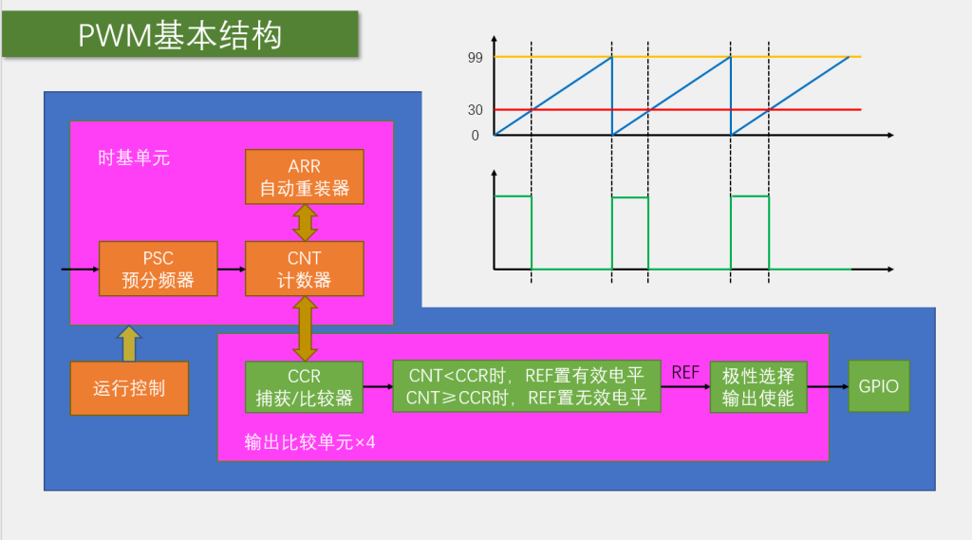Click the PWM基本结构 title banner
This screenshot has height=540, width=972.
[x=180, y=34]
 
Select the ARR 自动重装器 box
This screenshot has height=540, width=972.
[x=305, y=177]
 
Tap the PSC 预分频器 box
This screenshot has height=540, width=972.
[x=159, y=269]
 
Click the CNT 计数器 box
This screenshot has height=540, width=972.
[x=305, y=269]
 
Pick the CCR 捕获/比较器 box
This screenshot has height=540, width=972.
[x=305, y=387]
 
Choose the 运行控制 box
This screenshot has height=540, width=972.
[x=129, y=388]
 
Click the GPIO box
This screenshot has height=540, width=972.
[x=879, y=386]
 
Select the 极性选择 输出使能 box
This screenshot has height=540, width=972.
[x=758, y=387]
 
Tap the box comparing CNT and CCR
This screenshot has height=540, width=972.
[x=527, y=386]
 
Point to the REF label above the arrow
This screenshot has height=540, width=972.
[x=685, y=373]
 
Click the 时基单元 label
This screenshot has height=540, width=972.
[x=134, y=158]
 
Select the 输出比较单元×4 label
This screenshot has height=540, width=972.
[x=309, y=442]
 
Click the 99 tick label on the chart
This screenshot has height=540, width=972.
[x=475, y=58]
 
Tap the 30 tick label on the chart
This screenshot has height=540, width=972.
[x=475, y=110]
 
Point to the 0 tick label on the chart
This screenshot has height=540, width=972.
[x=475, y=136]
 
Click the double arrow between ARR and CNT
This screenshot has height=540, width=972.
[x=305, y=223]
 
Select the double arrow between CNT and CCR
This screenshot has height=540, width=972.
[x=305, y=328]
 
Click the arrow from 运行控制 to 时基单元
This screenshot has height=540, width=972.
[x=129, y=344]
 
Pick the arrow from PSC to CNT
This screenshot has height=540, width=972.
[x=232, y=270]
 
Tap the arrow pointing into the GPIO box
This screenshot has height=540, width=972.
[x=828, y=387]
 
